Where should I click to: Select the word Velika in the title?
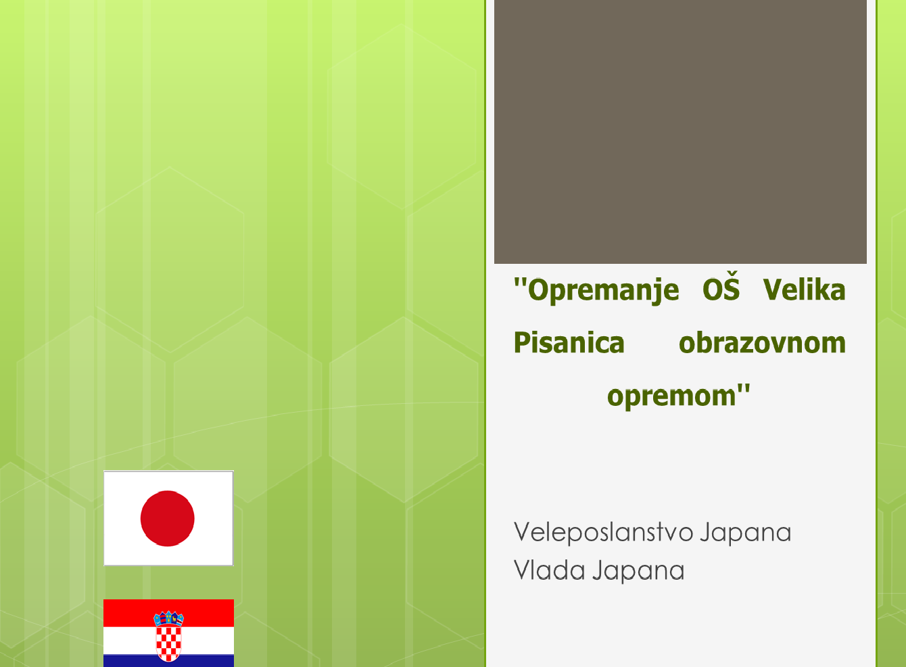805,290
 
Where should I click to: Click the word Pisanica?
569,342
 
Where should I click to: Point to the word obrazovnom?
763,342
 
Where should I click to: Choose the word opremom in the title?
671,396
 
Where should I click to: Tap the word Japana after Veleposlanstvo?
746,533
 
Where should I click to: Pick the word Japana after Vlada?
639,571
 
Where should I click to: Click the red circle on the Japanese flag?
168,518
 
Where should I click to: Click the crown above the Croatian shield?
168,618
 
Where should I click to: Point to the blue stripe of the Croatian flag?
168,660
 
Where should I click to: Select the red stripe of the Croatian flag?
168,613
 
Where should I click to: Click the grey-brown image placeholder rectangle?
680,131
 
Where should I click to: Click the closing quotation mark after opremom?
744,390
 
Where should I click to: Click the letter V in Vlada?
522,570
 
